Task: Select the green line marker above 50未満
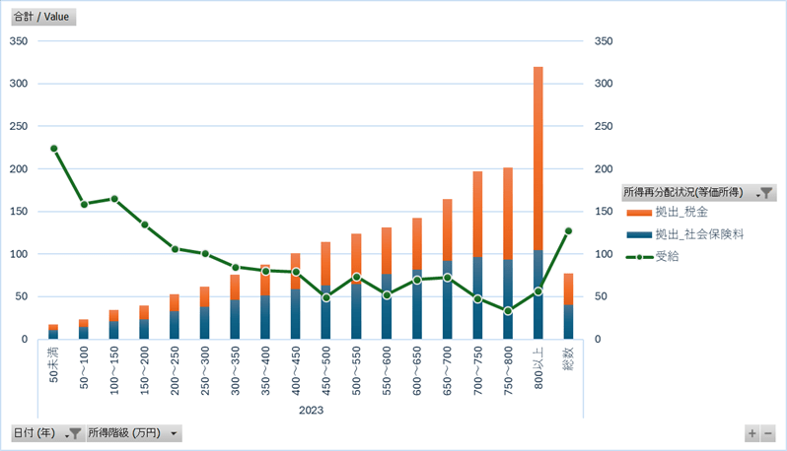point(53,149)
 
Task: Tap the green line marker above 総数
point(568,230)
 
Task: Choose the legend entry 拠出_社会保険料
point(691,234)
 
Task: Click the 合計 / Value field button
point(41,17)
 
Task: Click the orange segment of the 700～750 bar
point(477,215)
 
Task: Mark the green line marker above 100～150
point(114,199)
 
